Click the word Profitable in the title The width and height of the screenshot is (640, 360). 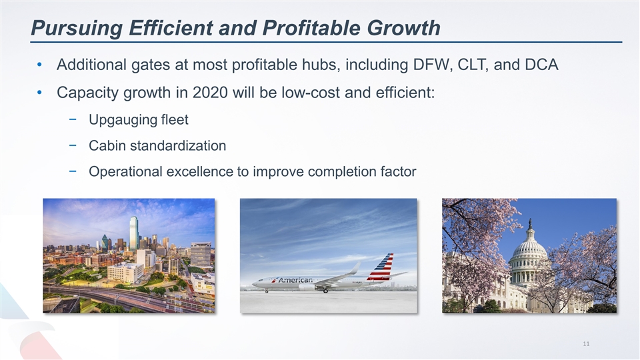311,28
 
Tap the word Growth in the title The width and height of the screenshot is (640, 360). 403,28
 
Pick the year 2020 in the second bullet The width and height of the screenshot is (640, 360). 210,93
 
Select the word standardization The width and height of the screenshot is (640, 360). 177,146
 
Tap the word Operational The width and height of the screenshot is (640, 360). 126,171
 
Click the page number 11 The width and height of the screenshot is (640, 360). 586,344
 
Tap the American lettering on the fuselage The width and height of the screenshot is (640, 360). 295,280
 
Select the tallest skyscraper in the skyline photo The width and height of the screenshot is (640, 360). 134,233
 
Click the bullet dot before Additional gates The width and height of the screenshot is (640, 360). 39,65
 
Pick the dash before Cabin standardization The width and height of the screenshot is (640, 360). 73,145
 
